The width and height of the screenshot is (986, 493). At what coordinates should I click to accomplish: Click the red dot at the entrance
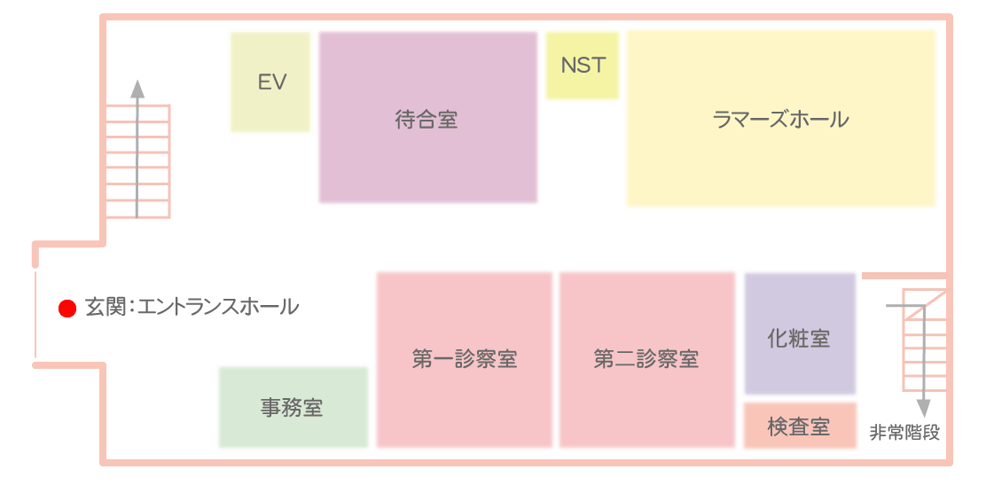tap(67, 309)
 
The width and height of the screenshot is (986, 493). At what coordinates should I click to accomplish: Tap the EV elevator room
tap(270, 82)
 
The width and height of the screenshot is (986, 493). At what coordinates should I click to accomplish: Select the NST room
tap(583, 66)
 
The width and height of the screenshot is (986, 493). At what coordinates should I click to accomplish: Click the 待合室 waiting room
tap(427, 118)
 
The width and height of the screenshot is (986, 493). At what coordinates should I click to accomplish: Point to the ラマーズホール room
tap(781, 118)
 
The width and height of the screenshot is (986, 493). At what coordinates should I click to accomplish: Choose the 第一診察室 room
tap(464, 360)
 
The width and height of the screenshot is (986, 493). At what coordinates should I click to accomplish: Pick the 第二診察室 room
tap(647, 360)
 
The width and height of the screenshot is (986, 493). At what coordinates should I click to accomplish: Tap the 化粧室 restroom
tap(800, 334)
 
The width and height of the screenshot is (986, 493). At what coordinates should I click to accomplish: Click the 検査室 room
tap(800, 426)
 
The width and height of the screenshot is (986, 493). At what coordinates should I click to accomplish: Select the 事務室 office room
tap(293, 408)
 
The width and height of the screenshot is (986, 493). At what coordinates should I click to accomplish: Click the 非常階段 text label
tap(905, 434)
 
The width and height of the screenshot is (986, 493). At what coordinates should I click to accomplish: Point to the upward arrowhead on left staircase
tap(137, 89)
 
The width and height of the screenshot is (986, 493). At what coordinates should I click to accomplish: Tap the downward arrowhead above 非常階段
tap(923, 409)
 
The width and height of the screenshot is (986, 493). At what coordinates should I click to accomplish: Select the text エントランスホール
tap(217, 309)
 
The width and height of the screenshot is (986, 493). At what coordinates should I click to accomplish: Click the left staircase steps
tap(137, 161)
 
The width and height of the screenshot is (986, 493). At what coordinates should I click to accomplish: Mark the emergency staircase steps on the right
tap(924, 340)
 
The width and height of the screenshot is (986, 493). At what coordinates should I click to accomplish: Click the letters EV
tap(272, 82)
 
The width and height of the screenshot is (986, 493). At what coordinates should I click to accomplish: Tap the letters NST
tap(583, 66)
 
